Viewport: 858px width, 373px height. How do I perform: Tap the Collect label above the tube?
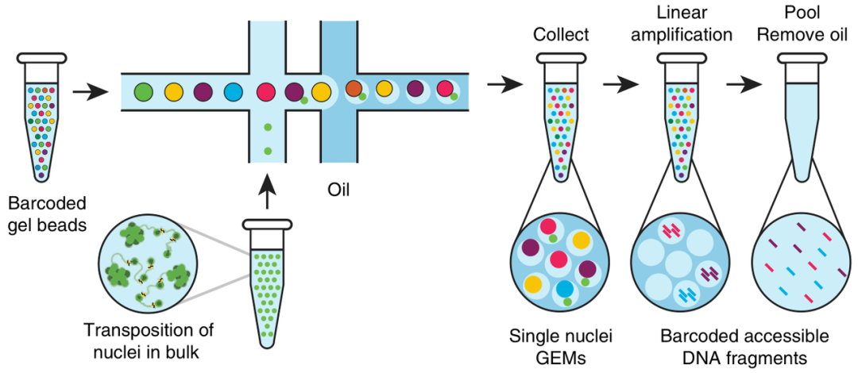pos(562,34)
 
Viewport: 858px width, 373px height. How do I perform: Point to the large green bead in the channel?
pos(143,90)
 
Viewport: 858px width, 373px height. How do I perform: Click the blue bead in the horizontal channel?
pos(234,90)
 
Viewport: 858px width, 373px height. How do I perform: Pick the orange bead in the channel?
pos(354,89)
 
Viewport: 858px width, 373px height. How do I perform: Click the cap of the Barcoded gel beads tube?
pos(42,57)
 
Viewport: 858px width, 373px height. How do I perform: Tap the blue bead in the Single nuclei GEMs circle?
pos(564,290)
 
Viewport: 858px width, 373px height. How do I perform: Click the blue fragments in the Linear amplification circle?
pos(687,294)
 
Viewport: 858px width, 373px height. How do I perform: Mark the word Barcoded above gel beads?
pos(47,205)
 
